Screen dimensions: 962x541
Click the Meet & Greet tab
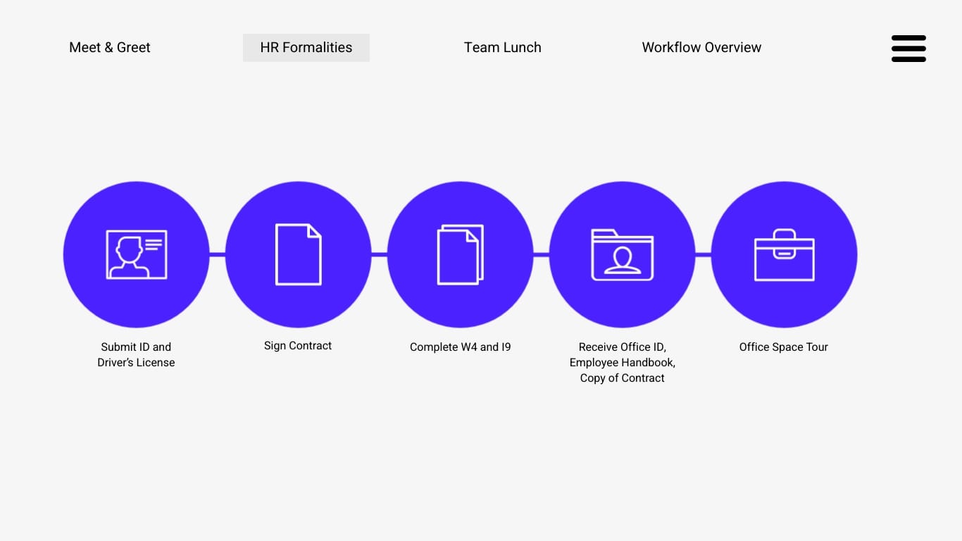[x=110, y=47]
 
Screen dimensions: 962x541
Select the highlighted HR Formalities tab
[x=306, y=48]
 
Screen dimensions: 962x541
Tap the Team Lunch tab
[x=502, y=47]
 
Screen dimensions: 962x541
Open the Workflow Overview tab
[x=701, y=47]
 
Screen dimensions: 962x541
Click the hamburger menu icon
[x=908, y=49]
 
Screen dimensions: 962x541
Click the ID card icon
[x=137, y=255]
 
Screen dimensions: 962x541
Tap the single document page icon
[x=299, y=254]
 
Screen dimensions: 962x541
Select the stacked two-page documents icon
[x=461, y=255]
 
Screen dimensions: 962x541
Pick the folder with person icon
[x=623, y=255]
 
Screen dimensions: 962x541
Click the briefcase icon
[x=785, y=255]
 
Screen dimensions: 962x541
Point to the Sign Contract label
[x=298, y=346]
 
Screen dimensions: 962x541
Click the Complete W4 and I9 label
[x=461, y=347]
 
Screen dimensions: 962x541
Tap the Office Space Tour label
[x=783, y=347]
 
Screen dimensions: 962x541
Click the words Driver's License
[x=136, y=362]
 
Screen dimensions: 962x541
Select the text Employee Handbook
[x=621, y=362]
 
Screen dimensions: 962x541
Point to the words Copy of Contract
[x=622, y=378]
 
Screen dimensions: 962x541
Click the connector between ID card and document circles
[x=218, y=255]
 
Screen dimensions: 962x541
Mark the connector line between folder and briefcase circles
[x=703, y=255]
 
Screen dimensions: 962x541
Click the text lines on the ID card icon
[x=154, y=245]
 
